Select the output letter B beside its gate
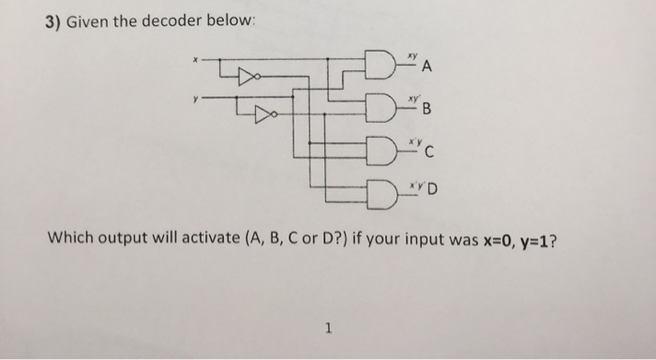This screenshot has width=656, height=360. (427, 112)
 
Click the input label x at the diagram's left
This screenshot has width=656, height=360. (195, 60)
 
